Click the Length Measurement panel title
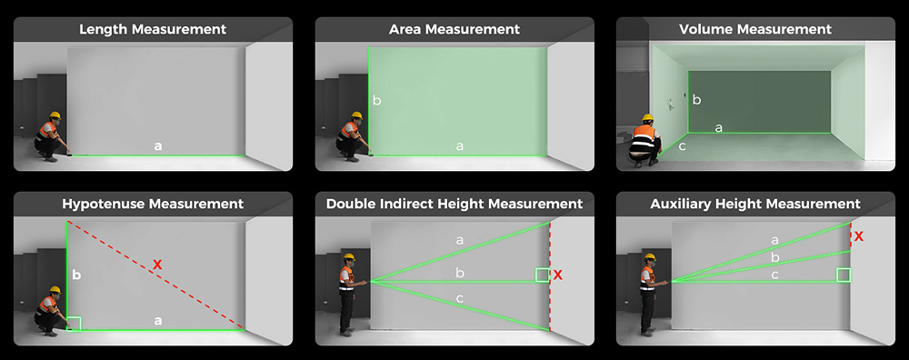point(153,29)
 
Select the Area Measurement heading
point(454,29)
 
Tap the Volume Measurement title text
point(756,29)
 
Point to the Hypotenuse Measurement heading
point(153,204)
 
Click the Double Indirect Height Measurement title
point(454,204)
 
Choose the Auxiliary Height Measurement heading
point(756,204)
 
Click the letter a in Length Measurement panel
point(158,145)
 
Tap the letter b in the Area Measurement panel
point(376,100)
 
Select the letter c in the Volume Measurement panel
point(682,145)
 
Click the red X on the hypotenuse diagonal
point(157,265)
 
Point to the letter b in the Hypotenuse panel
point(76,274)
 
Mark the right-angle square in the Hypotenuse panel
point(75,323)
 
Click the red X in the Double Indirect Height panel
point(558,275)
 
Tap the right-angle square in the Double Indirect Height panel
point(543,275)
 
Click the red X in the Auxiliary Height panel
point(859,236)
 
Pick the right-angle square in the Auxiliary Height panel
point(844,275)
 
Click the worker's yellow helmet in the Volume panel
point(647,118)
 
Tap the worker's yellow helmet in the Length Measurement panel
point(55,115)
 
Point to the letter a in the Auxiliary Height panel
point(774,240)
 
